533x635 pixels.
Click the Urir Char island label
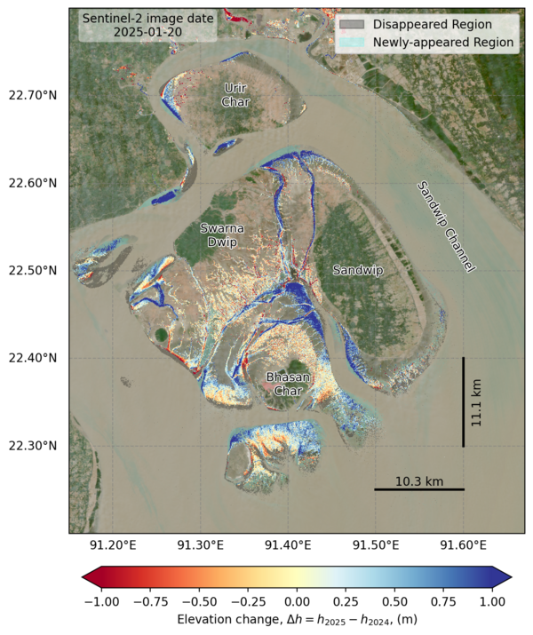pos(235,94)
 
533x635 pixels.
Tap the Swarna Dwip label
pos(217,234)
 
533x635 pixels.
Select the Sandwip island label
pos(357,269)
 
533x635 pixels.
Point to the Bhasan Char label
pos(289,384)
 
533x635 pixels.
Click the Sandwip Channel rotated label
pos(447,226)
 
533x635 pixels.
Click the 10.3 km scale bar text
pos(418,480)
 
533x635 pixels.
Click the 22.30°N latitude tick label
pos(32,445)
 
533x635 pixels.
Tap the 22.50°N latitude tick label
pos(32,270)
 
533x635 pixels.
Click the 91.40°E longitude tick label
pos(288,544)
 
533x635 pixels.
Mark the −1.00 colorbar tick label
pos(100,601)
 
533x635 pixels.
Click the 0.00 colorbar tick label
pos(298,601)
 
